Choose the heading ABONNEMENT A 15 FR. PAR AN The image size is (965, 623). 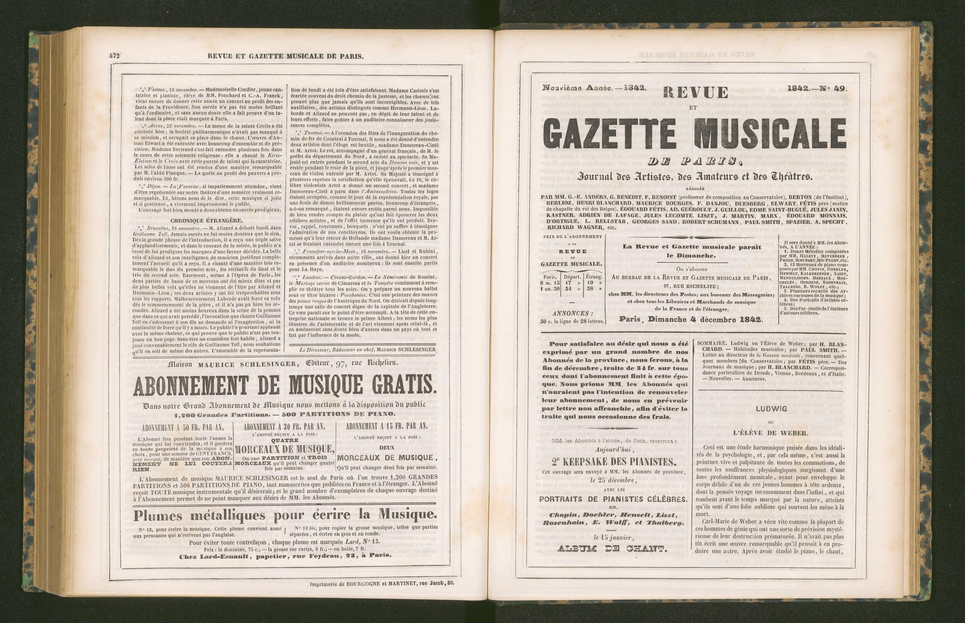tap(387, 426)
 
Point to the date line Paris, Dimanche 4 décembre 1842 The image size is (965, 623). tap(691, 319)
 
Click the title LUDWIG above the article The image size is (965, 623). tap(770, 409)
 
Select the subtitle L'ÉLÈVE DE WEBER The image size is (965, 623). tap(770, 432)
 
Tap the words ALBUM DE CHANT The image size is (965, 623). tap(612, 549)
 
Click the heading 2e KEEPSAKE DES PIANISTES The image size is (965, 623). tap(613, 462)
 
